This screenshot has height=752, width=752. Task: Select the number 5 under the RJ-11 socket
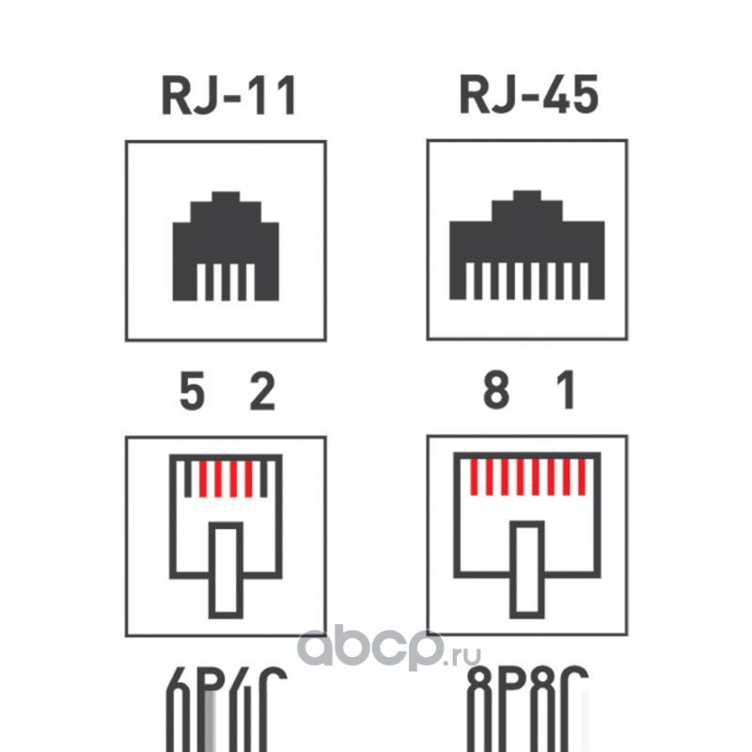[x=192, y=393]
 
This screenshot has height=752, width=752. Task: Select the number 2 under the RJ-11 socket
[x=260, y=393]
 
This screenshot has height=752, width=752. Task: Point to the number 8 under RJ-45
[x=495, y=393]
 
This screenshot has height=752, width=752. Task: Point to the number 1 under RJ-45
[x=566, y=393]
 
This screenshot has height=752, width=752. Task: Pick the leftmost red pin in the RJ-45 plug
[x=474, y=477]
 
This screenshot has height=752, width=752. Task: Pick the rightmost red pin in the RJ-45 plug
[x=582, y=477]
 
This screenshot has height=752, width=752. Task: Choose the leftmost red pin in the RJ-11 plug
[x=203, y=479]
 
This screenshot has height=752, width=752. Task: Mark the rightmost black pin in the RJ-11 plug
[x=264, y=479]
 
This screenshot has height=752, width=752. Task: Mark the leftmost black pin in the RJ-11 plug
[x=188, y=479]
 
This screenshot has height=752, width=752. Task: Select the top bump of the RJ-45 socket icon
[x=526, y=196]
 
